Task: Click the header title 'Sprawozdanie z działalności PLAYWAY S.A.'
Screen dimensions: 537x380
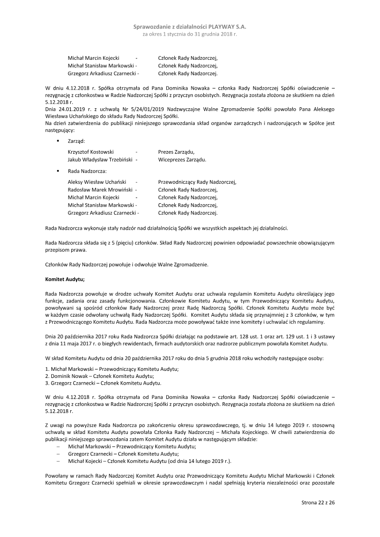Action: [190, 28]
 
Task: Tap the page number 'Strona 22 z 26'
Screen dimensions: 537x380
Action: [318, 502]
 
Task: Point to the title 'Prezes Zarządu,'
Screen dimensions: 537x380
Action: [177, 152]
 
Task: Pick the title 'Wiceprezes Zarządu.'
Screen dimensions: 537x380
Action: [182, 160]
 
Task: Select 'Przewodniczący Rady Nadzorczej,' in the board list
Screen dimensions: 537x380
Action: [197, 181]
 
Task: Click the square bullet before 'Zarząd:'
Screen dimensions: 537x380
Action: [58, 141]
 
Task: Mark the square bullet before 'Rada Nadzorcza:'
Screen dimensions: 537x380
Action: [58, 170]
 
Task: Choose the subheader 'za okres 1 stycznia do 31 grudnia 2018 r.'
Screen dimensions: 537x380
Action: [190, 35]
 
